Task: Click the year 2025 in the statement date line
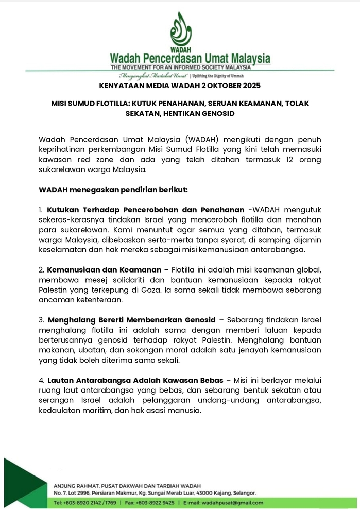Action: pos(250,85)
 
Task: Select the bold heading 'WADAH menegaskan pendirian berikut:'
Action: pos(113,190)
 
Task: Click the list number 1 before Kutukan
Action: pos(41,210)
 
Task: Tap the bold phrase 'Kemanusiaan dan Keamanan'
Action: pos(107,269)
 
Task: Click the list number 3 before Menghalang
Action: pos(41,320)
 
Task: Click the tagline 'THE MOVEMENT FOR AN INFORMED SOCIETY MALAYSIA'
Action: pos(180,67)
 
